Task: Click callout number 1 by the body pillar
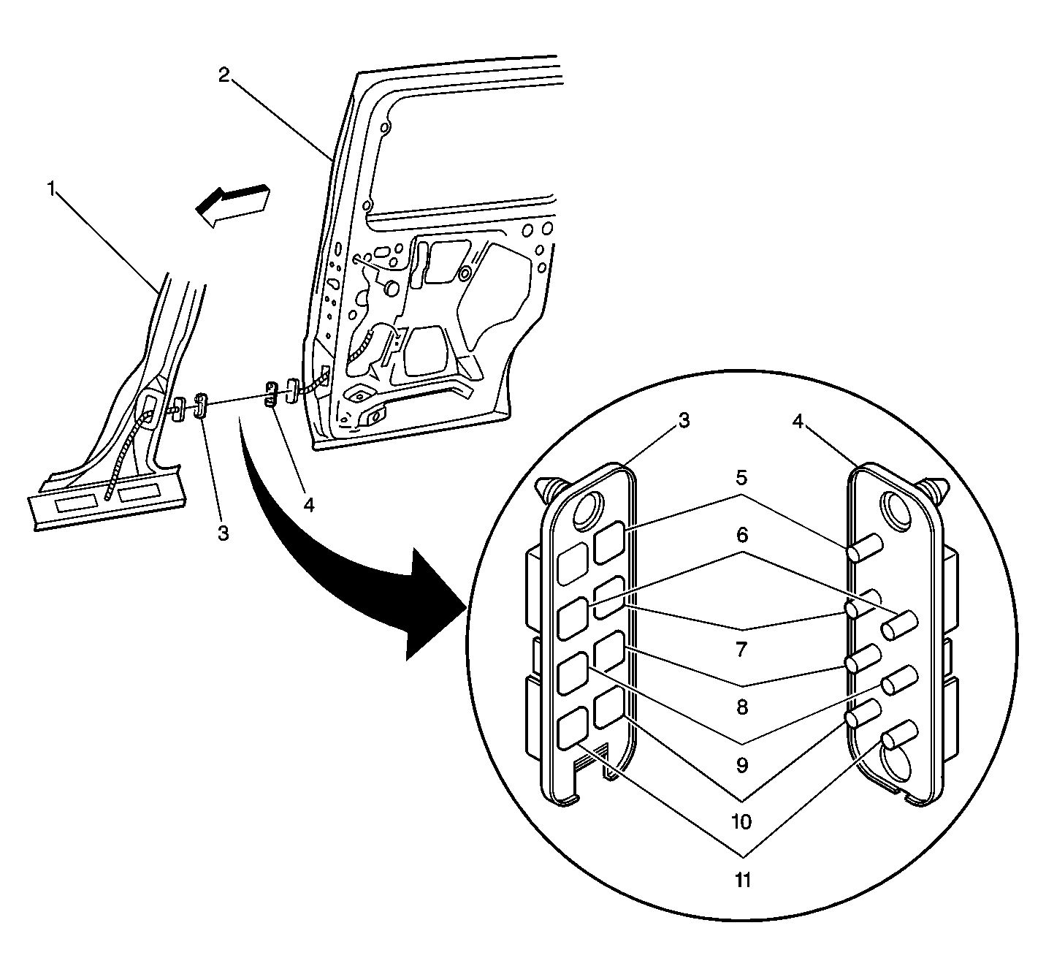(51, 189)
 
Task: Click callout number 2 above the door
(225, 75)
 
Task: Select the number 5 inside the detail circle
(741, 478)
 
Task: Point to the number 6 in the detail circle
(742, 535)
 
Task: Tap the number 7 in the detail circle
(741, 648)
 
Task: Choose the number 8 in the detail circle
(741, 707)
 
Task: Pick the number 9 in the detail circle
(741, 765)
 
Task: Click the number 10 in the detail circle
(741, 822)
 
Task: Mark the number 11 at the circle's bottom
(742, 880)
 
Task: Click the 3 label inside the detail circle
(683, 420)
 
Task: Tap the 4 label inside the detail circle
(798, 420)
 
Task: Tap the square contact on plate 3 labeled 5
(608, 542)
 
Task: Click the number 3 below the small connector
(224, 533)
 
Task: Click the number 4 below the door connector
(309, 505)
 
